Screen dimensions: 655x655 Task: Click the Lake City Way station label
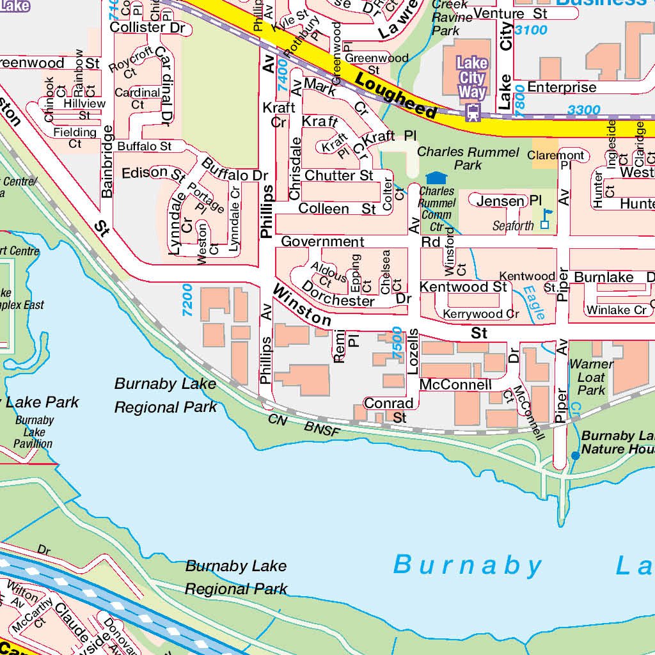pos(472,77)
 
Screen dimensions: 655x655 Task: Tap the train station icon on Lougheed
pos(473,113)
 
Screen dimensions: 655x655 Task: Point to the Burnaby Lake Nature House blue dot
pos(575,455)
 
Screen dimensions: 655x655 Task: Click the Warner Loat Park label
pos(591,377)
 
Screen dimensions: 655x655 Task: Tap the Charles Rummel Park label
pos(468,159)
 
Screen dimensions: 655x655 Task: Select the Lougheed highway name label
pos(396,97)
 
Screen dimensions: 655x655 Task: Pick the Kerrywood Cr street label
pos(481,314)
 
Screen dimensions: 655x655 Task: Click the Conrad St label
pos(389,410)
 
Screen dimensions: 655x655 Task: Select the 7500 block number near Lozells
pos(398,342)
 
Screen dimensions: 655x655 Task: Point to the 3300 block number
pos(584,110)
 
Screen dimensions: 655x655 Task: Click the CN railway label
pos(278,420)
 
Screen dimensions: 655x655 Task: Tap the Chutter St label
pos(339,175)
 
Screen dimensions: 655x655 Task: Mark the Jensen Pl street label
pos(500,201)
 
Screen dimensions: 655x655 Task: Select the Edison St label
pos(153,173)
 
